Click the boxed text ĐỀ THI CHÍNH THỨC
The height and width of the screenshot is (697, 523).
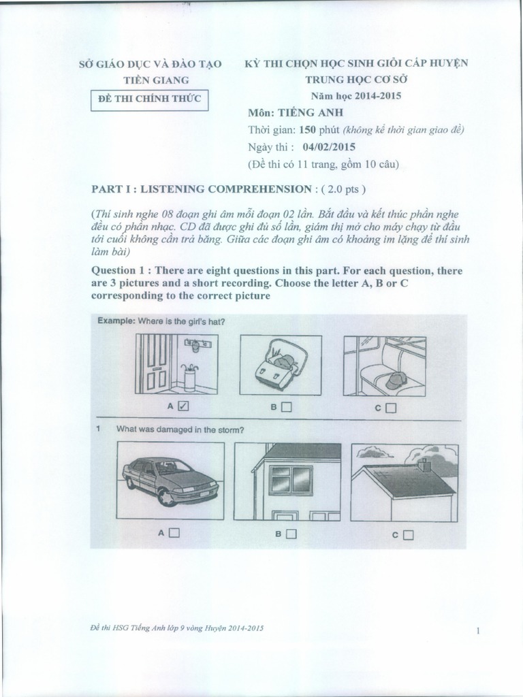(150, 99)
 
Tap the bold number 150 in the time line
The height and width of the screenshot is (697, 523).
(319, 130)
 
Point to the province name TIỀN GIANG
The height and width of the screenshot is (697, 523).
(150, 80)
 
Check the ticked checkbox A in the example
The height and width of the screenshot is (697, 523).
(183, 407)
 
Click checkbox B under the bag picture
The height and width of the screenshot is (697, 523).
(286, 408)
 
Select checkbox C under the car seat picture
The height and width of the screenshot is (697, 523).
(390, 408)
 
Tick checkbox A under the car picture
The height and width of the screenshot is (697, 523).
(174, 534)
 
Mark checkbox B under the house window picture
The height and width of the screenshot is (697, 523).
(291, 534)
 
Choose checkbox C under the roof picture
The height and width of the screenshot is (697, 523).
(408, 535)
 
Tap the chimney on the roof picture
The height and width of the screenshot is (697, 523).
(425, 464)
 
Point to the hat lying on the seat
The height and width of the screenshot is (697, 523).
(396, 380)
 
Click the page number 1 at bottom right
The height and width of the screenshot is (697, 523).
(479, 631)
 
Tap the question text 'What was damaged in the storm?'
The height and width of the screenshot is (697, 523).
(180, 429)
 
